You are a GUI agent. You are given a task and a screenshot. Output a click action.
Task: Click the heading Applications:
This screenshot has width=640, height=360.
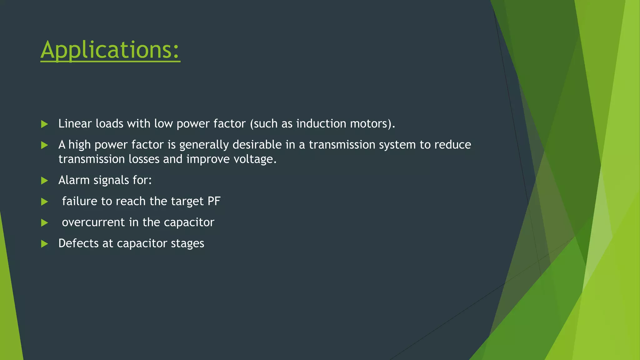[x=110, y=50]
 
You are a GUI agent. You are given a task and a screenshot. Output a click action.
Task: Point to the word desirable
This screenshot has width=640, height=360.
[x=257, y=145]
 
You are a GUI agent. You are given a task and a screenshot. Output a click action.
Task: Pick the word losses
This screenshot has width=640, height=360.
[x=144, y=159]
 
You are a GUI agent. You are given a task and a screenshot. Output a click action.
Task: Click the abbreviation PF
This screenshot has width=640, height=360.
[x=214, y=201]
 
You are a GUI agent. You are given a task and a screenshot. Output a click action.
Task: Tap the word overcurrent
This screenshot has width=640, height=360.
[x=93, y=222]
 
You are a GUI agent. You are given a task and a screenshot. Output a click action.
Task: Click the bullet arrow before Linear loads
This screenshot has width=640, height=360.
[x=44, y=124]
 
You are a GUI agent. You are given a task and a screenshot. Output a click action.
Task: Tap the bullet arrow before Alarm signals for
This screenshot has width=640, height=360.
[x=44, y=181]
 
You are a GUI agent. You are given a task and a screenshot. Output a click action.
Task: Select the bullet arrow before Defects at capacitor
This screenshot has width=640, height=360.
[x=44, y=244]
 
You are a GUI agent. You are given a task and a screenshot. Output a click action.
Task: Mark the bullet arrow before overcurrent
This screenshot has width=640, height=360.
[x=44, y=223]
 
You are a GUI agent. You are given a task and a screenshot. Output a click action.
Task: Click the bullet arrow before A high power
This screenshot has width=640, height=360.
[x=44, y=145]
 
